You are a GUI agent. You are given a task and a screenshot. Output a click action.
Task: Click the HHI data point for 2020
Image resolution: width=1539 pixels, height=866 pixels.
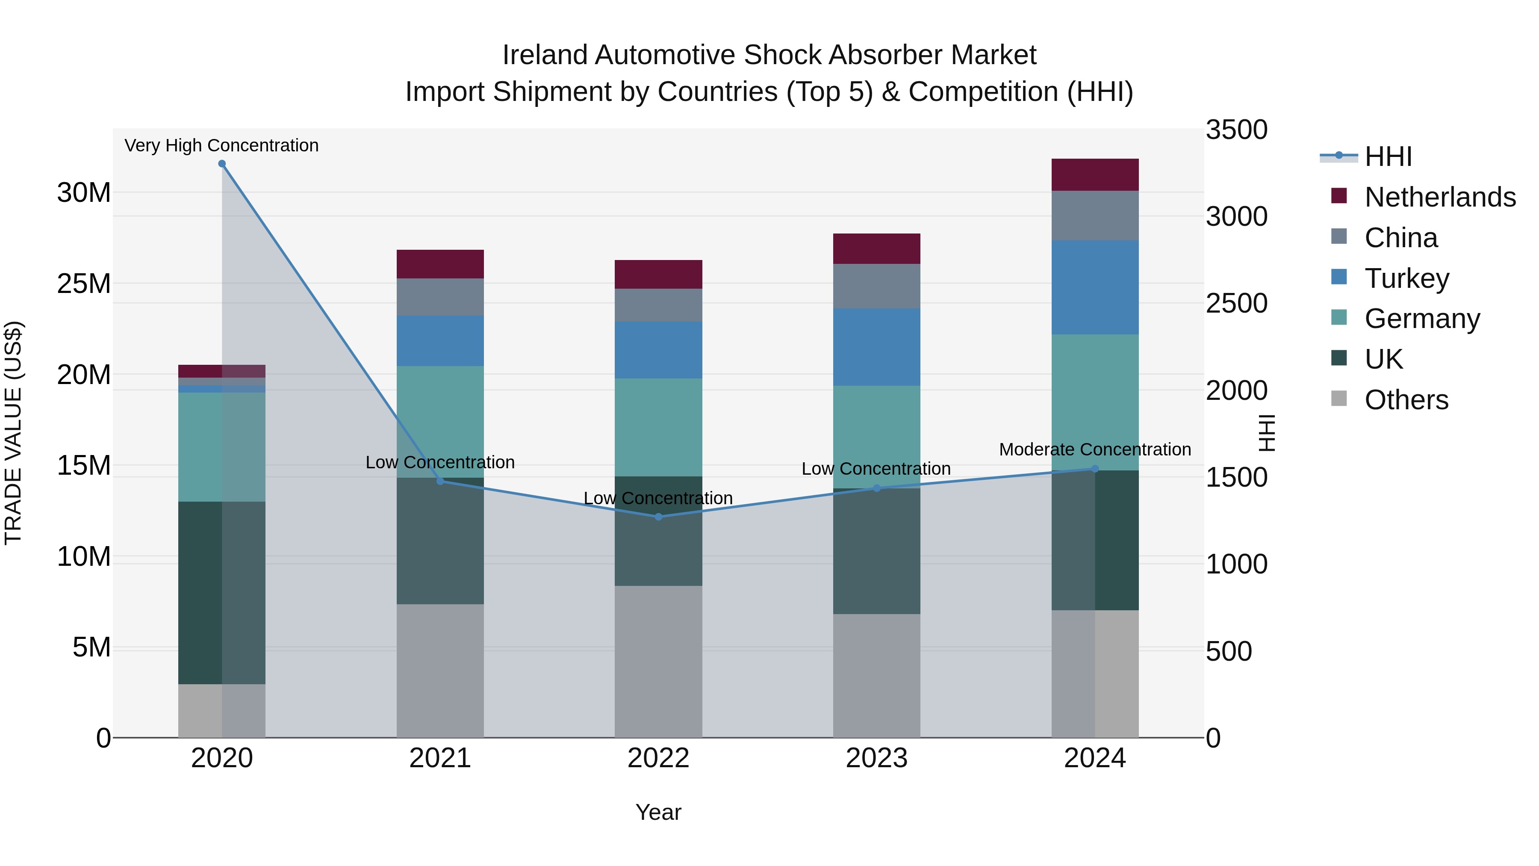pyautogui.click(x=221, y=164)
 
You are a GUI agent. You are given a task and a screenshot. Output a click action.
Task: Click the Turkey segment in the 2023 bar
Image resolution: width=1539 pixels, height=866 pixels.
pyautogui.click(x=876, y=347)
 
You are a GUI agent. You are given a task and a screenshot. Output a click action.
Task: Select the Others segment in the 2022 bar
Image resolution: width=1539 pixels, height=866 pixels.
pyautogui.click(x=658, y=662)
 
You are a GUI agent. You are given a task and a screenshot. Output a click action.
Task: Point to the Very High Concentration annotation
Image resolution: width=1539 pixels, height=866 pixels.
pyautogui.click(x=221, y=145)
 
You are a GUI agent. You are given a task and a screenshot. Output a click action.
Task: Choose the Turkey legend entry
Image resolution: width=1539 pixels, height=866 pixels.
pyautogui.click(x=1406, y=278)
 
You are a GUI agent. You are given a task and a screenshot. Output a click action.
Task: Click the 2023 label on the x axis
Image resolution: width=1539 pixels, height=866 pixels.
pyautogui.click(x=876, y=758)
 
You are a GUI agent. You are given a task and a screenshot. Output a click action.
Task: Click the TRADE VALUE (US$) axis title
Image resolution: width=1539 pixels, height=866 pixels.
pyautogui.click(x=14, y=433)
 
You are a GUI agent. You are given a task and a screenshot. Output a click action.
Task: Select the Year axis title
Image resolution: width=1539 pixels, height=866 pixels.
pyautogui.click(x=658, y=812)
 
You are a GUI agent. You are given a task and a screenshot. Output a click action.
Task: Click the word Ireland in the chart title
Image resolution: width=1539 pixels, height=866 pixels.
pyautogui.click(x=544, y=55)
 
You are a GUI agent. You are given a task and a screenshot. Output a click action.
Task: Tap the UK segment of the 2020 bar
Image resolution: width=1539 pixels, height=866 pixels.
pyautogui.click(x=200, y=592)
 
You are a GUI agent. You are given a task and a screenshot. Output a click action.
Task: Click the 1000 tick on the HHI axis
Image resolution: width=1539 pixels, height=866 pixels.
pyautogui.click(x=1236, y=564)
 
